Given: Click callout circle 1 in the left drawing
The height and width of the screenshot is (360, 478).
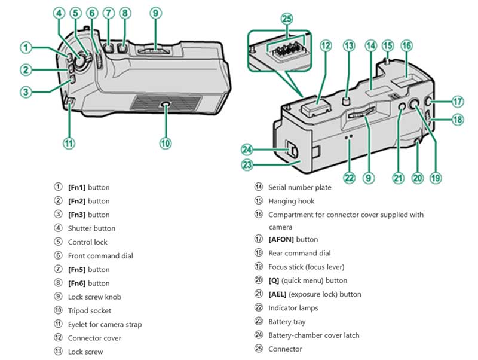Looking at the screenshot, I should [26, 47].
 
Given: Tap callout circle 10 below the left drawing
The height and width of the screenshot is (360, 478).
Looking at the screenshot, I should [166, 143].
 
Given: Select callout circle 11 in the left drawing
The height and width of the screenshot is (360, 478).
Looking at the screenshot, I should [69, 143].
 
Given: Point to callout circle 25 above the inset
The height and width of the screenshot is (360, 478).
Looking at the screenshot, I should [287, 19].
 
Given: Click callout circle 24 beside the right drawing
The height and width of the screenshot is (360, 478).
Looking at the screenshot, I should [247, 149].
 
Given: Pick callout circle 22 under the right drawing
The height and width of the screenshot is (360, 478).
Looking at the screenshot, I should [350, 178].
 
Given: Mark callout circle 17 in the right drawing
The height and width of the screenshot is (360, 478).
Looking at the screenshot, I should [458, 101].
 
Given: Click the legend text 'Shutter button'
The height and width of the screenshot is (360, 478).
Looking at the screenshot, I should [91, 228].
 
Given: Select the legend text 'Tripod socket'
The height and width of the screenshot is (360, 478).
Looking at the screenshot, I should [90, 311].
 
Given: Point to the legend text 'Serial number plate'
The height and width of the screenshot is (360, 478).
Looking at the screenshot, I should [299, 187].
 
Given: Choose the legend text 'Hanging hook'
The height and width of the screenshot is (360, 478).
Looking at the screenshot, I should [291, 201].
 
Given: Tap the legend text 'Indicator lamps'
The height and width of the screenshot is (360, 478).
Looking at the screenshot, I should [293, 308].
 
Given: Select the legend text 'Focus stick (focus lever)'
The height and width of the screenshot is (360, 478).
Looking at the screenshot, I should [306, 267].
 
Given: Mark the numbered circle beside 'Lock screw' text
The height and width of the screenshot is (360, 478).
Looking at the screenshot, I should [58, 352].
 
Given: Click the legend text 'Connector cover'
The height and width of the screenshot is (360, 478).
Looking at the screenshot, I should [94, 338].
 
